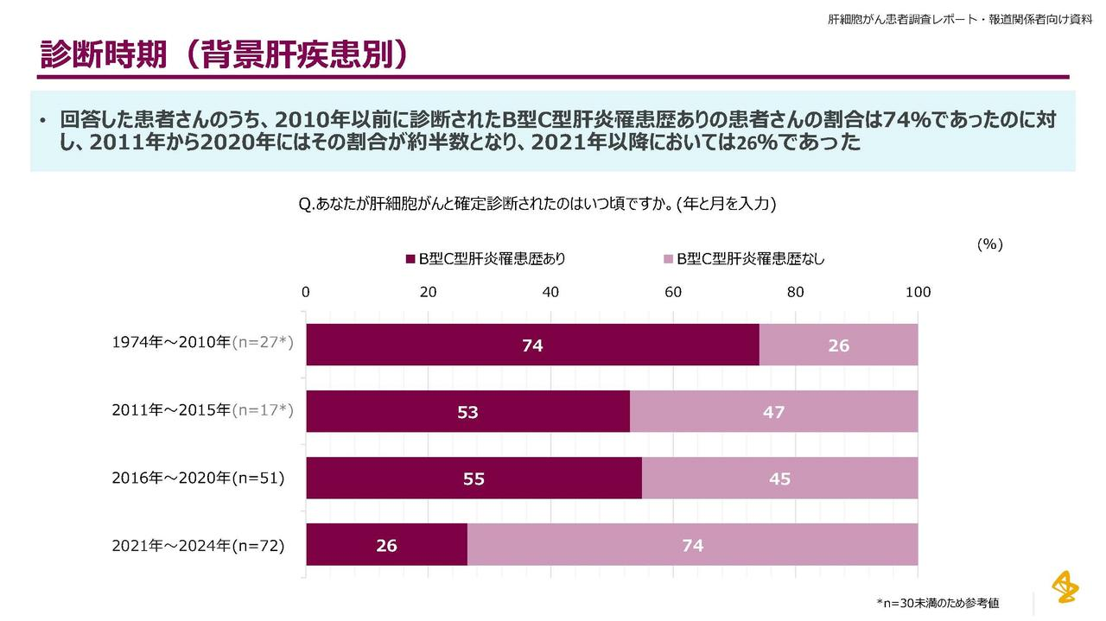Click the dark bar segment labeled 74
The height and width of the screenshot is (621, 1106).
[x=532, y=345]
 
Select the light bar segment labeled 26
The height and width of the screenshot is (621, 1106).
[x=838, y=345]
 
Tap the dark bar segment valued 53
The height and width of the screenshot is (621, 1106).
[x=467, y=411]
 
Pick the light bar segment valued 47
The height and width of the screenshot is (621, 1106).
[x=773, y=411]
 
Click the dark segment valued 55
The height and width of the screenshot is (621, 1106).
[x=474, y=478]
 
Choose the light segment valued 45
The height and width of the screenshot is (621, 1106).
[x=779, y=478]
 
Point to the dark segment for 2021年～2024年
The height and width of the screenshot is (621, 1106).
[x=386, y=545]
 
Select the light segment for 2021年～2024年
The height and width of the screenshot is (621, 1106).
[x=692, y=545]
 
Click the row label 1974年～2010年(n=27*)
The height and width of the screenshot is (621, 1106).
[x=202, y=343]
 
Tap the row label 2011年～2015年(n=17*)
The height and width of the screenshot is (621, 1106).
[x=202, y=410]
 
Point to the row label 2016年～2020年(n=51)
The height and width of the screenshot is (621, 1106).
[x=198, y=477]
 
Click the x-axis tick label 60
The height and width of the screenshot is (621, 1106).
[x=673, y=292]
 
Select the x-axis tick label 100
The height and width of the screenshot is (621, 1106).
[x=918, y=292]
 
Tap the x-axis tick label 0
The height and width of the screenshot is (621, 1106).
[x=306, y=292]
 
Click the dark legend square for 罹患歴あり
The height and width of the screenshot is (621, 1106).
[x=410, y=258]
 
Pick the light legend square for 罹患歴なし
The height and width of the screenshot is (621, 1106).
[x=668, y=258]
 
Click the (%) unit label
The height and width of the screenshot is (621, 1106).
[x=989, y=244]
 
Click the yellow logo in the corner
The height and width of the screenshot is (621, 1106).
[x=1065, y=586]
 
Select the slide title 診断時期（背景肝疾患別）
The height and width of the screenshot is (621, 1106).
[x=224, y=54]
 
